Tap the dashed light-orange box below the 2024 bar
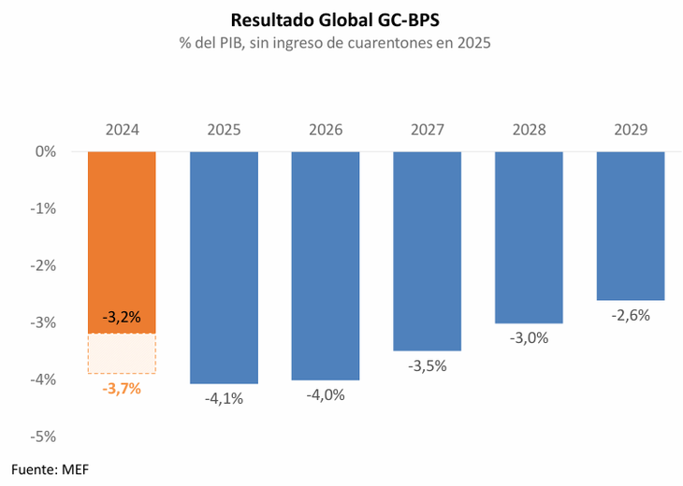[122, 353]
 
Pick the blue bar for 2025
[224, 266]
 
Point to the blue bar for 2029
[631, 224]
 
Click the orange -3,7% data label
[122, 388]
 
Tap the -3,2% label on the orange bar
[122, 317]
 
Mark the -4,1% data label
[224, 398]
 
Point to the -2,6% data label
[631, 315]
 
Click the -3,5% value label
[427, 365]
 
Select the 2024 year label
[122, 130]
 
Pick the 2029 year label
[631, 130]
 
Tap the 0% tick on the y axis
[45, 151]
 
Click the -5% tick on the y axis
[42, 436]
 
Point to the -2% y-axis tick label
[42, 265]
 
